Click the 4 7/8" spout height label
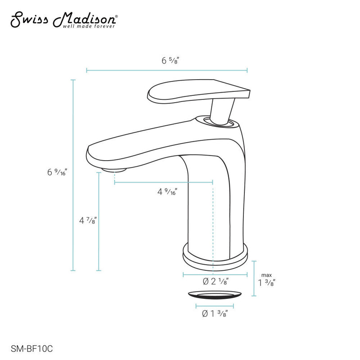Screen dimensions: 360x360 coord(88,221)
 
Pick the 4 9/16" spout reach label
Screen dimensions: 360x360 coord(166,192)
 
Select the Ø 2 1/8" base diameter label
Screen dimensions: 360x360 coord(216,282)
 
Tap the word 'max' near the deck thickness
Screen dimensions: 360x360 coord(267,275)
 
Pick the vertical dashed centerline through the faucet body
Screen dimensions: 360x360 coord(212,216)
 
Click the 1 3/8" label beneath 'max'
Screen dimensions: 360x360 coord(267,283)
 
